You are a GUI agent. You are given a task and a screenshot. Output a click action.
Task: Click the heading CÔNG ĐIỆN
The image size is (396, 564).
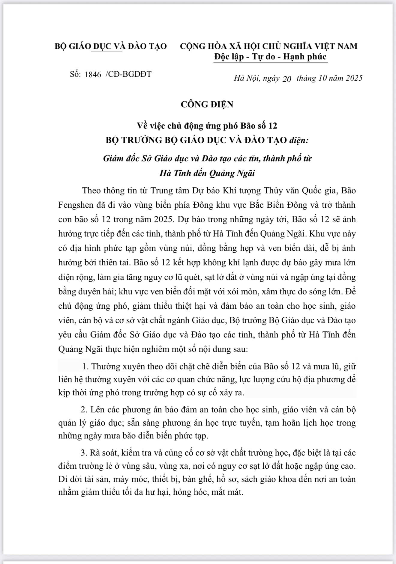coord(207,104)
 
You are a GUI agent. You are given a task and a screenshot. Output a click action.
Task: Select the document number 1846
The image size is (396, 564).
coord(93,74)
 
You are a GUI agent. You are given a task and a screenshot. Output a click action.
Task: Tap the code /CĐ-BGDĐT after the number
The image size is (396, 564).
coord(128,74)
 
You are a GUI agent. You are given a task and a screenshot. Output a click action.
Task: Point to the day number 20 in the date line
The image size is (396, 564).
coord(287,79)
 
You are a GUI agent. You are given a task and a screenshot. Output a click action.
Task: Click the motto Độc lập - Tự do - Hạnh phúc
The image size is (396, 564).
coord(270,57)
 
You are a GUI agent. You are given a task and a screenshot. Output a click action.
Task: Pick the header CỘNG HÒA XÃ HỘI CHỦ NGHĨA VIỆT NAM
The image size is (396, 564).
coord(268,46)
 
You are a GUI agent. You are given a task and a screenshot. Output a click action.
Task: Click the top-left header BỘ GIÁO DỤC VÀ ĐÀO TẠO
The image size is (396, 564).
coord(111,46)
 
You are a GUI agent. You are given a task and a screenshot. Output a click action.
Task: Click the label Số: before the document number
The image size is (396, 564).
coord(75,74)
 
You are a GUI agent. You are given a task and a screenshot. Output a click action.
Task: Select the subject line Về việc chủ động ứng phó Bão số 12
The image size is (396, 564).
coord(207,126)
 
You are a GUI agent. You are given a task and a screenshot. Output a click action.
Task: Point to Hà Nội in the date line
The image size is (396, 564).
coord(246,78)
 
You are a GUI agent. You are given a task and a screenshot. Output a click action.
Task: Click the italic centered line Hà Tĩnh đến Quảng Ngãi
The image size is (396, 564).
coord(207,173)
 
